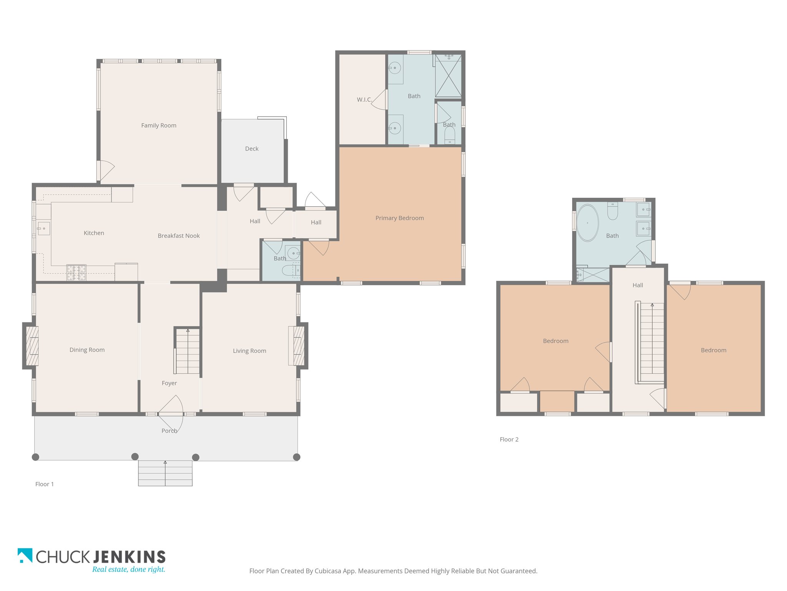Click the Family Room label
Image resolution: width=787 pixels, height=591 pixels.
[159, 125]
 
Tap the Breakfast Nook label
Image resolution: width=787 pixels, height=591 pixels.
[179, 236]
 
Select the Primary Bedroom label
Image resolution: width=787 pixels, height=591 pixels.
[400, 218]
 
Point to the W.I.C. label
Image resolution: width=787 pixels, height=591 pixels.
[364, 100]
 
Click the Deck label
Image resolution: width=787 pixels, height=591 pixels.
[252, 149]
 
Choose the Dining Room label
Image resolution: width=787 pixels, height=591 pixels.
[87, 350]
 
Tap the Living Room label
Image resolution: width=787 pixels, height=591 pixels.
[249, 351]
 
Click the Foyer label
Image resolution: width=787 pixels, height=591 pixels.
[169, 383]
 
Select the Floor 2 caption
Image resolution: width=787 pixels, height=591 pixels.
[509, 439]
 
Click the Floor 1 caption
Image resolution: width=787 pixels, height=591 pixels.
[45, 484]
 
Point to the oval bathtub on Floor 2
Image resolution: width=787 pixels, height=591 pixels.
[588, 223]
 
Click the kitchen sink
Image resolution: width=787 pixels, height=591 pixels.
[43, 229]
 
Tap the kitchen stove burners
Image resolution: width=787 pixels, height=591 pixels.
[76, 273]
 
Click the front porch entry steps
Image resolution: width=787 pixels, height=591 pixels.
[165, 473]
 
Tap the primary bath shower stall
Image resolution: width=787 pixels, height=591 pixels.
[448, 75]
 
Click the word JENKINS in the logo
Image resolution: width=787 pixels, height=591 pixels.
[129, 557]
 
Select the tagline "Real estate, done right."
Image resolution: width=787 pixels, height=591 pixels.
[129, 569]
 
